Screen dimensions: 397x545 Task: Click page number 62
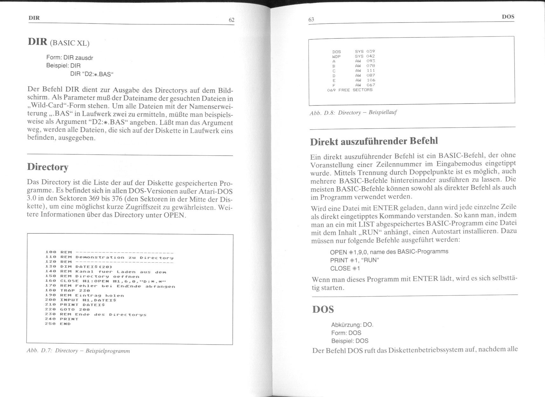(231, 20)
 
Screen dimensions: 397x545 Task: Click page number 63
(311, 19)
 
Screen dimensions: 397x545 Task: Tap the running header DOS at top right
(508, 17)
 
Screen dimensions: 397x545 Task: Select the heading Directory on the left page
(48, 167)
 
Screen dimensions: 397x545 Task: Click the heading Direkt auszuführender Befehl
(374, 141)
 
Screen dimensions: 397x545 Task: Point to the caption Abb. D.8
(353, 113)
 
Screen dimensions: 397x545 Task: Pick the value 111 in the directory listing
(371, 71)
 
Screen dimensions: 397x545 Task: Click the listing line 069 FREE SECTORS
(350, 90)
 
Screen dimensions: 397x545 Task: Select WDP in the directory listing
(336, 56)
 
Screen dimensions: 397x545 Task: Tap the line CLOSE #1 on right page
(345, 268)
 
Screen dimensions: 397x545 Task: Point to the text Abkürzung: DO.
(352, 325)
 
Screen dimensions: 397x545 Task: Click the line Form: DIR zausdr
(70, 58)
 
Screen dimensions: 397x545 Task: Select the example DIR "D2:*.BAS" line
(92, 75)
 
